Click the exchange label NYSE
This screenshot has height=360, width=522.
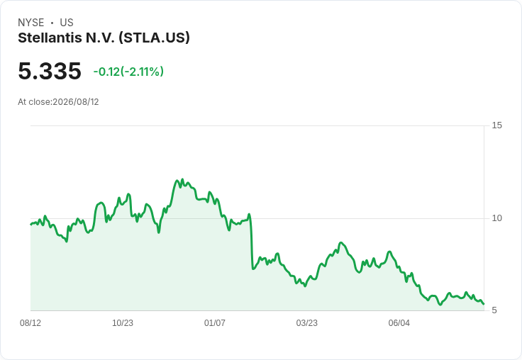[31, 23]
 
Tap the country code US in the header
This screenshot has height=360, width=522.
[67, 23]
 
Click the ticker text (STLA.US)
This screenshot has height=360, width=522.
[154, 38]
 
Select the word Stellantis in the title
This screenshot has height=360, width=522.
[50, 38]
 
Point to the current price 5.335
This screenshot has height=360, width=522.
[50, 71]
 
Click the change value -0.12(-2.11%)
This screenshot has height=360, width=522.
[128, 72]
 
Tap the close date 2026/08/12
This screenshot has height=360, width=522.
[76, 102]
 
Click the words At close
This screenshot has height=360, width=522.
[34, 102]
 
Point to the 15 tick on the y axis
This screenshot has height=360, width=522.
[496, 125]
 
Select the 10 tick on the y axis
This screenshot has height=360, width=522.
[496, 218]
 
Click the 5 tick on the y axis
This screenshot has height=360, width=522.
[494, 310]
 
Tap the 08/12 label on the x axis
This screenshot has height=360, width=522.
[30, 323]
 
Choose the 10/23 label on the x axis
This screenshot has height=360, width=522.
[123, 323]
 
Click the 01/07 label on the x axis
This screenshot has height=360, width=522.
[215, 323]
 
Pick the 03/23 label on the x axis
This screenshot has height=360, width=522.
[307, 323]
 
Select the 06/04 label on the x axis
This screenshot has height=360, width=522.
[399, 323]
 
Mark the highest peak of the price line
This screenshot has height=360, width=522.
[182, 179]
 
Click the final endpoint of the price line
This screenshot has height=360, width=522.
[484, 304]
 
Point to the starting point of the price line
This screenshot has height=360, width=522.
[31, 224]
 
